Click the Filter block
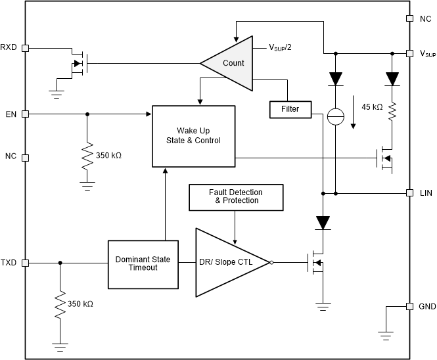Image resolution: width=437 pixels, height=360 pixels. pyautogui.click(x=290, y=110)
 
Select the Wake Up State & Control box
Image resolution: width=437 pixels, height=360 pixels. pyautogui.click(x=194, y=136)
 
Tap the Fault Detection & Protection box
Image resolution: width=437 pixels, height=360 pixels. pyautogui.click(x=236, y=197)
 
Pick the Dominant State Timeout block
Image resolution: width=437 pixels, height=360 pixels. pyautogui.click(x=143, y=265)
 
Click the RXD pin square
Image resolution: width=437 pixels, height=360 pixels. pyautogui.click(x=26, y=48)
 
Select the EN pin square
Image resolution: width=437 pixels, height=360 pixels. pyautogui.click(x=26, y=114)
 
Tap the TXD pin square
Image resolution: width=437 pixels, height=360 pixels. pyautogui.click(x=26, y=263)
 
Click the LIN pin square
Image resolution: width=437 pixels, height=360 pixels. pyautogui.click(x=409, y=193)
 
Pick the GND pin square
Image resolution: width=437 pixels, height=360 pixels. pyautogui.click(x=409, y=307)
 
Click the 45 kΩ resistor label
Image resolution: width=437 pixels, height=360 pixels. pyautogui.click(x=372, y=107)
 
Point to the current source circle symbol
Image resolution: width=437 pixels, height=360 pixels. pyautogui.click(x=336, y=116)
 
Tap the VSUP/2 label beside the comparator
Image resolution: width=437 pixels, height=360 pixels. pyautogui.click(x=280, y=48)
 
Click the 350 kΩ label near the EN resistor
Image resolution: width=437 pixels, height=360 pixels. pyautogui.click(x=108, y=156)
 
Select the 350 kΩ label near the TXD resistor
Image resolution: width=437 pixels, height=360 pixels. pyautogui.click(x=80, y=304)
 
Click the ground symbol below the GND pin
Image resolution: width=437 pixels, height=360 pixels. pyautogui.click(x=386, y=336)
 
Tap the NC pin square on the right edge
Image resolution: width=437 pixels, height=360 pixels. pyautogui.click(x=409, y=18)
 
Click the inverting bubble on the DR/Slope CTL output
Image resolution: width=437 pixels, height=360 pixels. pyautogui.click(x=271, y=263)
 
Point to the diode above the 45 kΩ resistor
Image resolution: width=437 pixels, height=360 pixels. pyautogui.click(x=392, y=79)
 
